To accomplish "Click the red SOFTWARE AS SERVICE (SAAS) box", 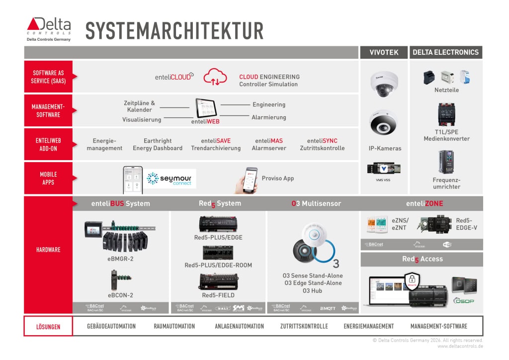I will tap(48, 77).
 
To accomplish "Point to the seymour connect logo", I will tap(170, 179).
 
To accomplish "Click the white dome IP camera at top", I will tap(384, 83).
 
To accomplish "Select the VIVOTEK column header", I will tap(384, 52).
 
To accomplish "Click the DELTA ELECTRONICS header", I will tap(445, 52).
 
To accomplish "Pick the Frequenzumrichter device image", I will tap(446, 162).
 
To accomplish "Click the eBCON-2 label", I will tap(120, 295).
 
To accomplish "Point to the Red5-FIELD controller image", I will tap(218, 281).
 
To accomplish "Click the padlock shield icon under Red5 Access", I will tap(412, 281).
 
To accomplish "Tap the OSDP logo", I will tap(463, 300).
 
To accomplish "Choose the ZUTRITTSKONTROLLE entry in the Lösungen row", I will tap(304, 326).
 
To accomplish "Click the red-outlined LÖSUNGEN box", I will tap(48, 327).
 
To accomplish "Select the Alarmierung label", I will tap(269, 117).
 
